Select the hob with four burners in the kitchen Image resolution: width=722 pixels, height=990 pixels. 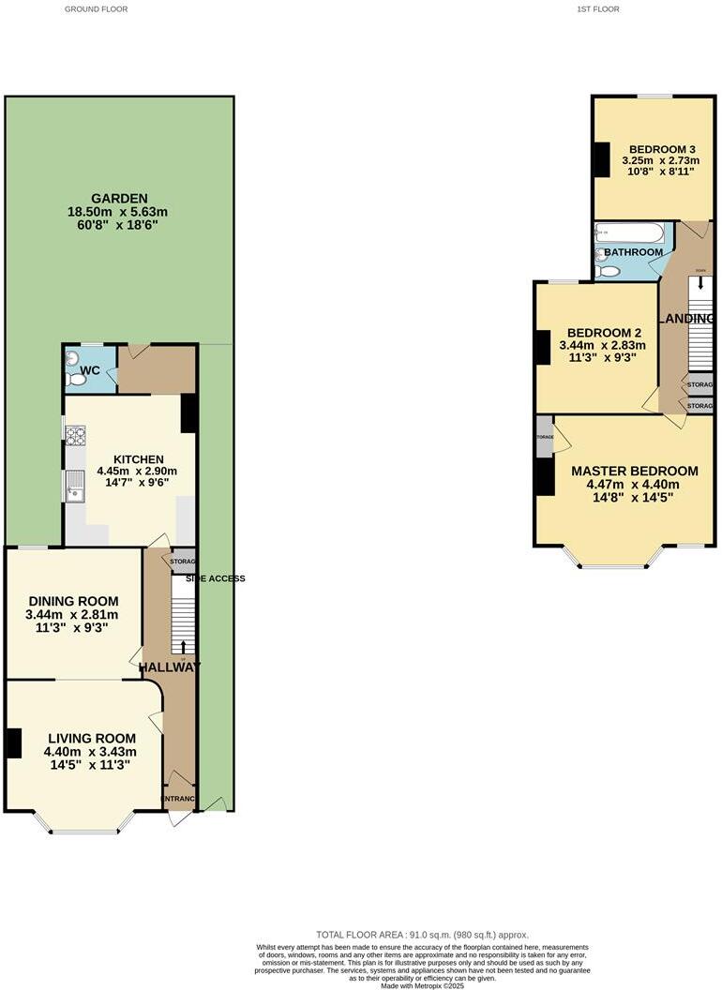point(74,435)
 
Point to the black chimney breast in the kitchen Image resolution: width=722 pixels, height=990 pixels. point(188,412)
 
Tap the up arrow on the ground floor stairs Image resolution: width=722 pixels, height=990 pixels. point(183,646)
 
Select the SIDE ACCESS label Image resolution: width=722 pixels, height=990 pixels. point(215,578)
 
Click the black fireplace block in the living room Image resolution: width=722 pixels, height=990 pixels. point(13,743)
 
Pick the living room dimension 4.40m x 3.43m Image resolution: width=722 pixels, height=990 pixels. point(90,752)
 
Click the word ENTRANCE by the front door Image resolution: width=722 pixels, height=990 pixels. point(179,799)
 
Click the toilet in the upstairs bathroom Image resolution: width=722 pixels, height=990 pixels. point(607,272)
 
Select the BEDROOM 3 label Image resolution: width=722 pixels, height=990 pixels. point(661,149)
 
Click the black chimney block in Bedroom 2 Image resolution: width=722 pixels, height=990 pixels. point(542,349)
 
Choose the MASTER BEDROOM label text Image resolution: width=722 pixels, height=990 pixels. point(634,471)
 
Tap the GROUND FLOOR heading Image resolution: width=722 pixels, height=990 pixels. point(96,9)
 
